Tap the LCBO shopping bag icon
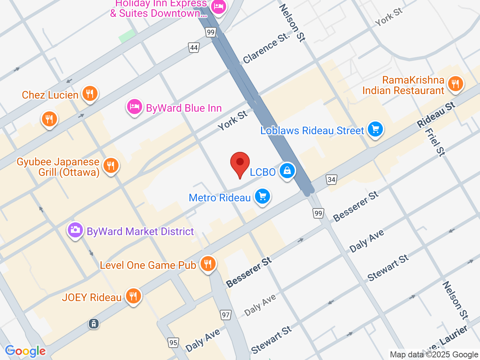(x=287, y=171)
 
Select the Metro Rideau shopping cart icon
(x=262, y=196)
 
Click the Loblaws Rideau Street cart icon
(x=375, y=129)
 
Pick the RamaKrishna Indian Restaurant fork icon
(x=455, y=84)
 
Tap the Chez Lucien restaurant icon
(x=89, y=93)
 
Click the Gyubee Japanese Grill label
(x=58, y=167)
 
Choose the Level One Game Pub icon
(x=207, y=264)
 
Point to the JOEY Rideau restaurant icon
(x=133, y=296)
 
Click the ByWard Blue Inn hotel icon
(x=134, y=107)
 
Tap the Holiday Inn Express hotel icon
(x=218, y=6)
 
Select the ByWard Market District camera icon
(x=75, y=230)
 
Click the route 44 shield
(x=193, y=48)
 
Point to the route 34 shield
(x=331, y=180)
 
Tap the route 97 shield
(x=225, y=315)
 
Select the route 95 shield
(x=173, y=342)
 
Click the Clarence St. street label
(x=266, y=48)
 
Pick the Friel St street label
(x=435, y=142)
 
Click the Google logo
(x=25, y=351)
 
